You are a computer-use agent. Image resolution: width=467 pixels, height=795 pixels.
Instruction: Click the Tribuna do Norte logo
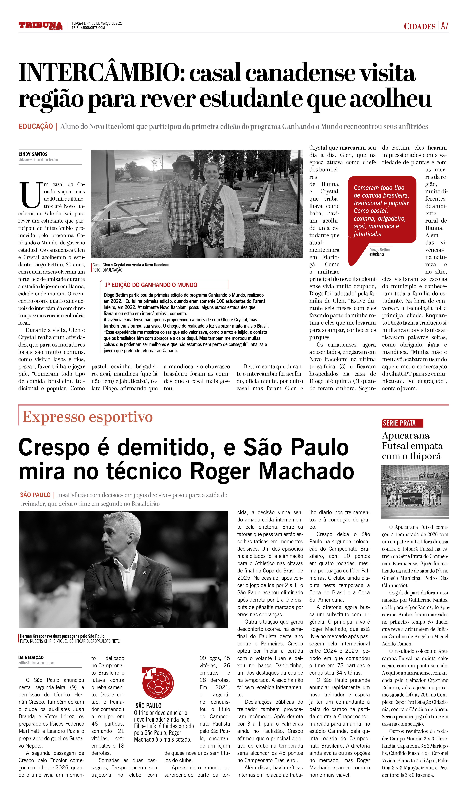coord(40,26)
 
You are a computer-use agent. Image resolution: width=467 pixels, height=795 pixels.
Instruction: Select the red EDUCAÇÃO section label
coord(36,126)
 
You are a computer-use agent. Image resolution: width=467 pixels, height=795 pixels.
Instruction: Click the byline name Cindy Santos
coord(33,154)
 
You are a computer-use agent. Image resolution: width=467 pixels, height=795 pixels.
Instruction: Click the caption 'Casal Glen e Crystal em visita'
coord(131,265)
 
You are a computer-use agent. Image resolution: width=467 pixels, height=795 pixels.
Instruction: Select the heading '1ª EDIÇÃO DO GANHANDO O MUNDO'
coord(151,285)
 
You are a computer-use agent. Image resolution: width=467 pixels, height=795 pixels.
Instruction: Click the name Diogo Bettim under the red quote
coord(380,250)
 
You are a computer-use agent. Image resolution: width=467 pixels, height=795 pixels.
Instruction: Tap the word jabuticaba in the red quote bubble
coord(367,234)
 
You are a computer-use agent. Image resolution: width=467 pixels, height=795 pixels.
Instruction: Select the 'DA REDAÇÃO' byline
coord(31,657)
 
